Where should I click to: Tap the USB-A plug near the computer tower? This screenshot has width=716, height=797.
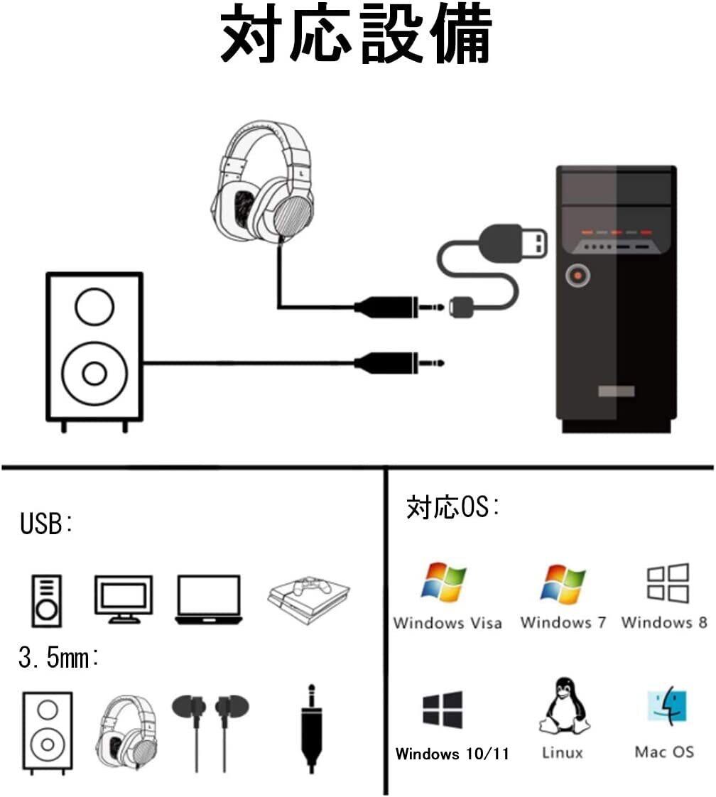[517, 245]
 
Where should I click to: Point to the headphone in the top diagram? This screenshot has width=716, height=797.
[263, 185]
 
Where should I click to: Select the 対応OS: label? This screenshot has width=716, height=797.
[452, 507]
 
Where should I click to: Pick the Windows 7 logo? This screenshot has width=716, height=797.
[563, 583]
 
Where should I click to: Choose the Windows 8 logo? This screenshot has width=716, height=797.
[667, 583]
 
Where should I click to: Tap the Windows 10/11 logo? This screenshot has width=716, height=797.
[443, 709]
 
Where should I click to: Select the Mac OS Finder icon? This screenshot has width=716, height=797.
[667, 707]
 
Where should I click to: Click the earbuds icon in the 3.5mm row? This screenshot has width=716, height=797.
[210, 728]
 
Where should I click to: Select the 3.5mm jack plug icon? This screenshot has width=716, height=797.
[310, 728]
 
